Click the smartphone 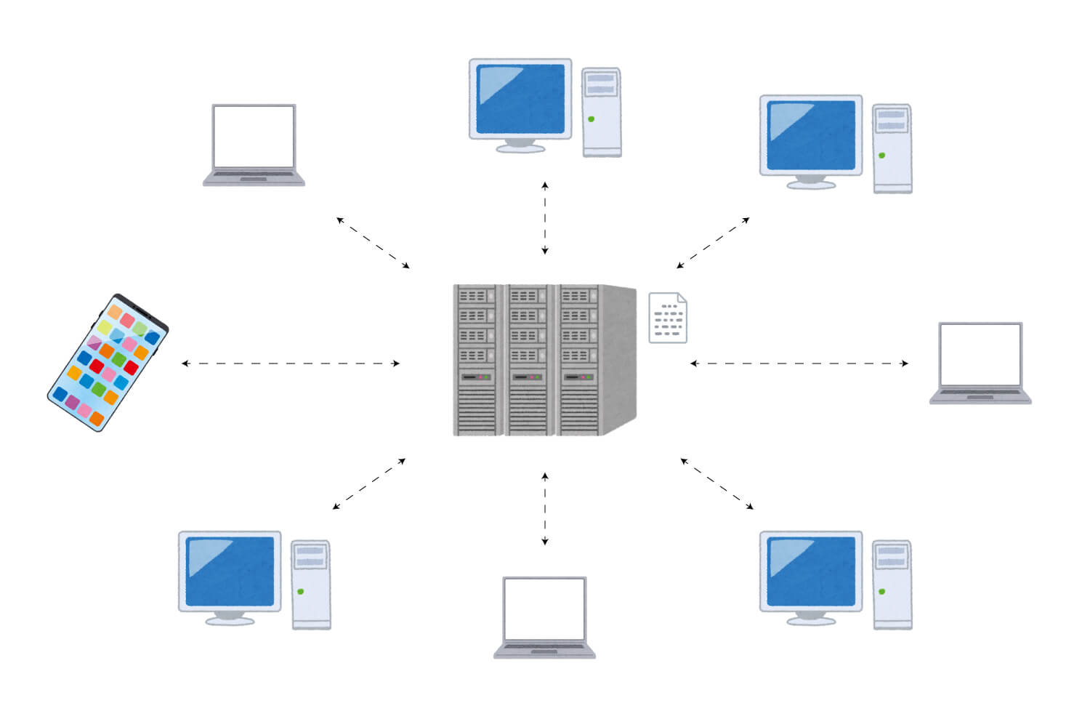108,362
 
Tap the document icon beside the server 667,318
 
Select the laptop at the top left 254,144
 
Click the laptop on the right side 980,362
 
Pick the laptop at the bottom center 544,616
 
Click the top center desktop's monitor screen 520,98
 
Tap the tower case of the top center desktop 601,112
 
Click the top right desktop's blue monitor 811,134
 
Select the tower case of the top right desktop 892,148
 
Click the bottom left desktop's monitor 230,571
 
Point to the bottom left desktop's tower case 310,585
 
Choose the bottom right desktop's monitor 811,571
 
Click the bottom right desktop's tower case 892,585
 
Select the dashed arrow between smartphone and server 291,363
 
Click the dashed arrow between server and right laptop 799,363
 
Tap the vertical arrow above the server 545,218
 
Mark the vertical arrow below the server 545,509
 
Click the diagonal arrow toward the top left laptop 374,243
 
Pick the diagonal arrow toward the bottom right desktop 717,483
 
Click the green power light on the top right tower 881,155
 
